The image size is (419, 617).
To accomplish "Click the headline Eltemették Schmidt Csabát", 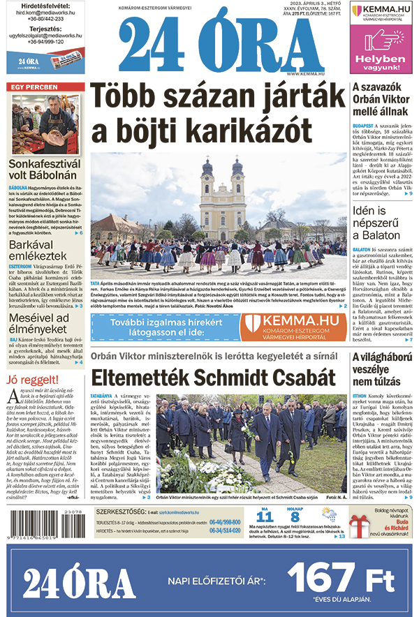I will (209, 378).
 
